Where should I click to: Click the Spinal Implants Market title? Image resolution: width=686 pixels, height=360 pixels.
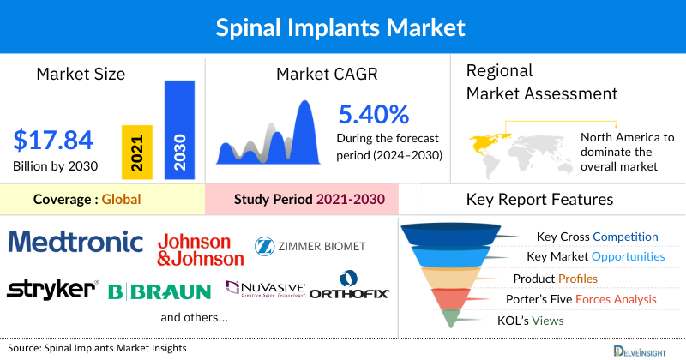coord(343,27)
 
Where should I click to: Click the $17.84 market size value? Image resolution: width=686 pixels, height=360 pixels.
coord(53,140)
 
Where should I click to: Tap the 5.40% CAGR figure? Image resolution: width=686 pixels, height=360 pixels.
coord(373,114)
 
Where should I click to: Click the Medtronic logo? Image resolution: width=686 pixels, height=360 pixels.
coord(76,242)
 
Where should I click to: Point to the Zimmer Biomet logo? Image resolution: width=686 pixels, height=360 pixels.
coord(310,246)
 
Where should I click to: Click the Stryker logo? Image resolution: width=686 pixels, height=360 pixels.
coord(52,289)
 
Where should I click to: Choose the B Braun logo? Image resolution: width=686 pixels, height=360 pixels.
coord(159,291)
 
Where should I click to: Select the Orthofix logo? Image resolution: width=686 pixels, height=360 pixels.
coord(349,286)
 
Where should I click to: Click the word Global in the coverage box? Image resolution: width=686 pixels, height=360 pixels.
coord(121,200)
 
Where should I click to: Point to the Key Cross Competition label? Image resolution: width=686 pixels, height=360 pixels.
coord(597,237)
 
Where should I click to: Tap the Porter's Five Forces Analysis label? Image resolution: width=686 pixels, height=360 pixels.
coord(585,299)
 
